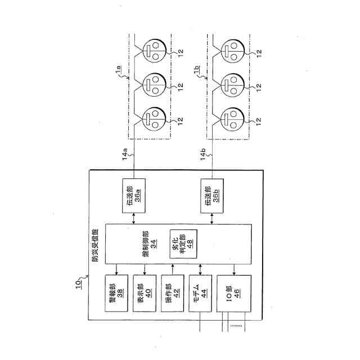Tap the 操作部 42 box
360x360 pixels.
point(172,296)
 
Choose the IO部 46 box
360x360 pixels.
point(232,296)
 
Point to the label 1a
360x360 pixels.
point(119,70)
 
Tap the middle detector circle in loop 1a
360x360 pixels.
point(152,86)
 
